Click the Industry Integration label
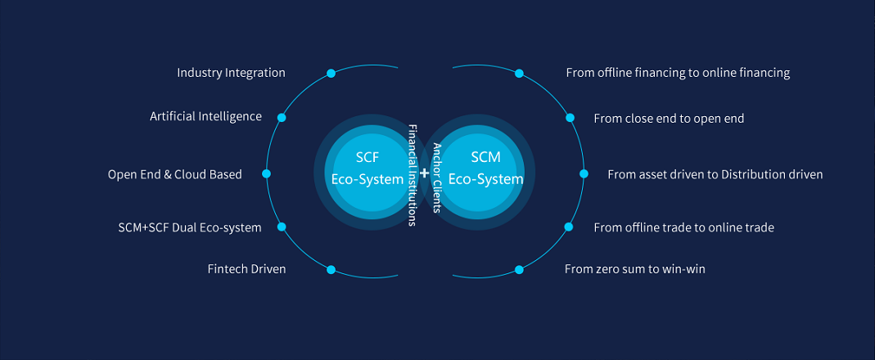231,73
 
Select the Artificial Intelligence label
205,116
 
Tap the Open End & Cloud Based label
174,174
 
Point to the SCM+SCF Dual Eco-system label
190,227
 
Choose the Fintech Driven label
246,269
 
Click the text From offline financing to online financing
678,73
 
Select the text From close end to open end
669,119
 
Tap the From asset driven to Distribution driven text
715,174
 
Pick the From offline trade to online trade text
683,227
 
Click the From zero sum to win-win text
634,268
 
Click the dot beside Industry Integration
331,74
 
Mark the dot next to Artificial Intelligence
282,118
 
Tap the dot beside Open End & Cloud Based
266,173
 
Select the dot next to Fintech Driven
331,269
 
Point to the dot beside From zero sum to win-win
519,269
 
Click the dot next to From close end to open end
571,118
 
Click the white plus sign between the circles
424,173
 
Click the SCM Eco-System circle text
496,168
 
